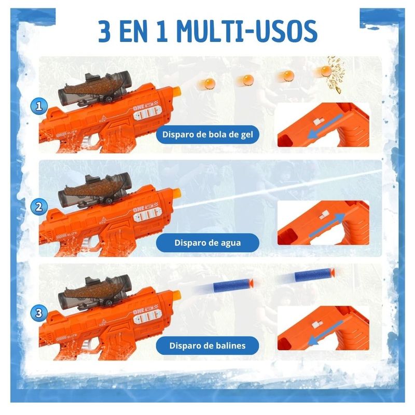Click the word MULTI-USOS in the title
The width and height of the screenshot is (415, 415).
(x=247, y=31)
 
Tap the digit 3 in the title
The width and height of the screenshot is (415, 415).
(x=105, y=31)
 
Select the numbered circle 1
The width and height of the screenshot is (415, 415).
(x=39, y=106)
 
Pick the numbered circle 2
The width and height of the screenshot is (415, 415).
(x=39, y=206)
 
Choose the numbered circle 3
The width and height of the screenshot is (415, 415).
(x=39, y=313)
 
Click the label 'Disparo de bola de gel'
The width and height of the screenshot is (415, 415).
(x=208, y=134)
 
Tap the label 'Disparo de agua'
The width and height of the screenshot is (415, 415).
(x=208, y=243)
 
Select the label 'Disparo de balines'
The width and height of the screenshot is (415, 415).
(x=208, y=345)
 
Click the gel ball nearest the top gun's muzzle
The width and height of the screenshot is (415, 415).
(x=209, y=84)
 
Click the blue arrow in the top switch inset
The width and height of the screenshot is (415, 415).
(x=326, y=127)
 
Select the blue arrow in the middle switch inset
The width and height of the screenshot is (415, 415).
(x=327, y=225)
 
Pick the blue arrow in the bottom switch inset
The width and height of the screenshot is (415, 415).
(x=326, y=333)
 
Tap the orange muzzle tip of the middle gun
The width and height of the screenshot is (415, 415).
(x=177, y=193)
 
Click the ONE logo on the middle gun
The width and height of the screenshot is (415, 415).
(x=139, y=210)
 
